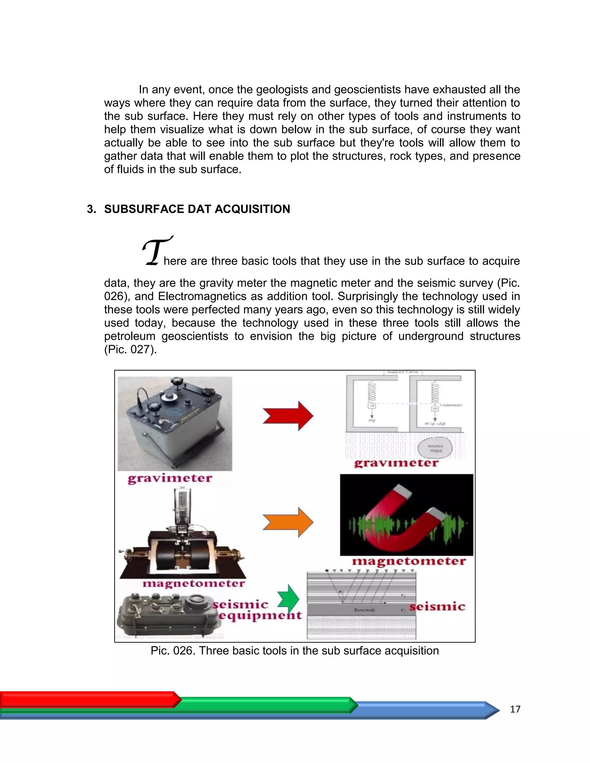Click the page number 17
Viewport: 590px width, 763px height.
tap(515, 709)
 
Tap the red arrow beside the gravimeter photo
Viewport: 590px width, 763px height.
tap(288, 416)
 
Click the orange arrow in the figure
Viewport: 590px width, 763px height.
tap(288, 522)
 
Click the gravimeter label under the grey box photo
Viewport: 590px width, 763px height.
tap(170, 478)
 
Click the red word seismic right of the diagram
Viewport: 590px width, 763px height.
tap(437, 606)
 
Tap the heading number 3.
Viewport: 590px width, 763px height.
tap(91, 209)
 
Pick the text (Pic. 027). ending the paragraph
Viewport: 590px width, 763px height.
tap(131, 349)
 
